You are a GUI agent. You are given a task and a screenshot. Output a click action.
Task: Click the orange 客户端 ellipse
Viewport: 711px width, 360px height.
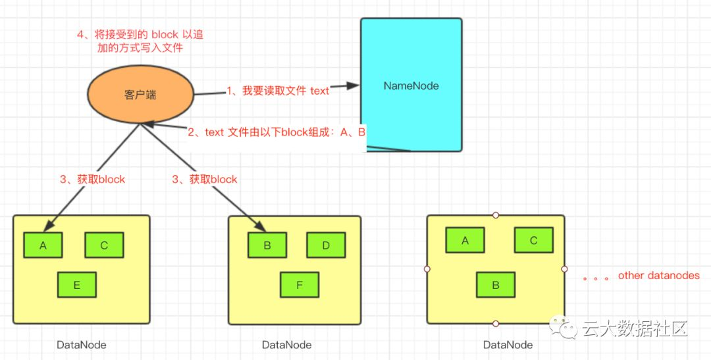140,95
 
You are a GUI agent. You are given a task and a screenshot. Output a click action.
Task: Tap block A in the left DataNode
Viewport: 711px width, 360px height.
43,245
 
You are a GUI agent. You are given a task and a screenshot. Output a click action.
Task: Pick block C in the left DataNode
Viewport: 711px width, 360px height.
104,245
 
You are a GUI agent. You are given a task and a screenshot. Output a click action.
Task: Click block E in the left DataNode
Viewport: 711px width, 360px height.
77,285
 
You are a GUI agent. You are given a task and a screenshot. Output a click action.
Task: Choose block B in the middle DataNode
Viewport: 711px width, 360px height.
267,245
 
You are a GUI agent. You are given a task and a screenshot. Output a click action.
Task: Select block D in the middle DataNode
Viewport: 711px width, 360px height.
326,245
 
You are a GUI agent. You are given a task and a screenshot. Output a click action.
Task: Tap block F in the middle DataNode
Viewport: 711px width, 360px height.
300,285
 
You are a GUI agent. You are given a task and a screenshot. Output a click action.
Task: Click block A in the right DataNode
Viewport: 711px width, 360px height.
465,240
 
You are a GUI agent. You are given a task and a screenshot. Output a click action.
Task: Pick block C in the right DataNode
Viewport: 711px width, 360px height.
533,240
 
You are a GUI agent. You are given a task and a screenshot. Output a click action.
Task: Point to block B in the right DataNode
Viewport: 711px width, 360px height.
496,285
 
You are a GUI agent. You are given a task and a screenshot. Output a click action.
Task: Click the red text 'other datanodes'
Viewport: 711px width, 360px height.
658,275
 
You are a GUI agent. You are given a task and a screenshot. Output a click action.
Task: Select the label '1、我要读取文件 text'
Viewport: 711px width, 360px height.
278,91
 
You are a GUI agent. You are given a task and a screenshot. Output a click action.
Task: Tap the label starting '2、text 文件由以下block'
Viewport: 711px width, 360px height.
276,132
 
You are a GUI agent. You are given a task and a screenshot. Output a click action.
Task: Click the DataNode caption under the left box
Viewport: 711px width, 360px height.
81,344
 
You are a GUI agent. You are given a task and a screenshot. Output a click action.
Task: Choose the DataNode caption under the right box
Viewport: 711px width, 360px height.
508,344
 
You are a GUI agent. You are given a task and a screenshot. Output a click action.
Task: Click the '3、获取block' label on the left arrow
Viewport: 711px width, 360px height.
92,179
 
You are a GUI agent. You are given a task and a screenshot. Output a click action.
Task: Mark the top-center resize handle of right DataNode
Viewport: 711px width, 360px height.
496,215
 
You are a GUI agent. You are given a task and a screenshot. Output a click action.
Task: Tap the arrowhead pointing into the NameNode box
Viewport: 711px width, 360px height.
353,86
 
